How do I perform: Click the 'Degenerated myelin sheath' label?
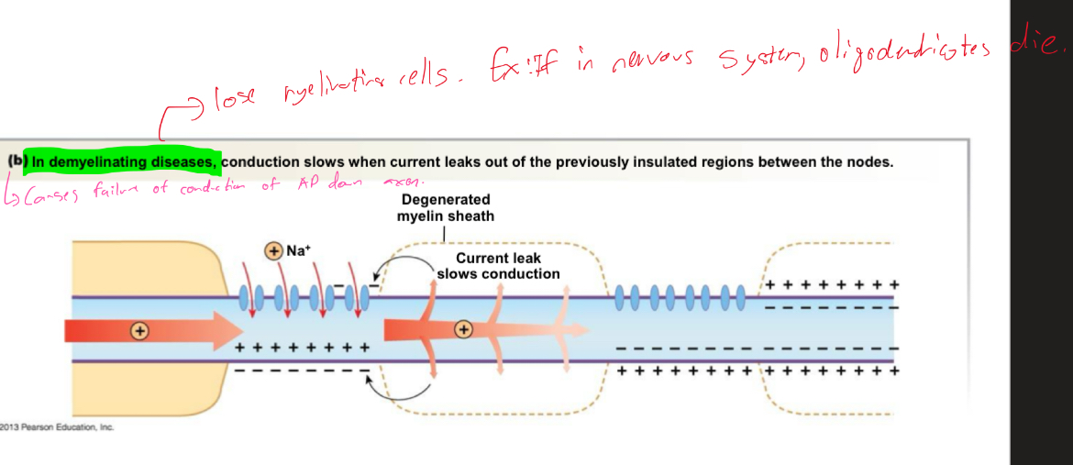pos(445,207)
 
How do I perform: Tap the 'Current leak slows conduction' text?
pos(498,266)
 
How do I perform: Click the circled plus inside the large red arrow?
pos(139,330)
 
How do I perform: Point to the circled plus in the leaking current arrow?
pos(464,328)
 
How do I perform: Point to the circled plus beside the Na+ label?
pos(273,249)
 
